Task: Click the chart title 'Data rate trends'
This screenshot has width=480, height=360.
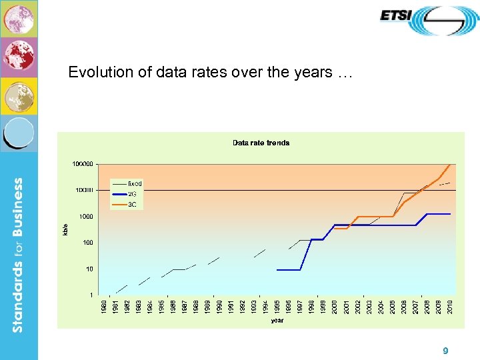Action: pyautogui.click(x=261, y=143)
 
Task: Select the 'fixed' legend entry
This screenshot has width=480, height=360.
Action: pyautogui.click(x=134, y=183)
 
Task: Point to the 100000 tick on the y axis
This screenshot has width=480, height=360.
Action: pyautogui.click(x=83, y=163)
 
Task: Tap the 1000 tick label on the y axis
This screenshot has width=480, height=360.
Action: pyautogui.click(x=85, y=217)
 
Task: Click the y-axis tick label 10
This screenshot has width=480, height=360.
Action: pyautogui.click(x=89, y=269)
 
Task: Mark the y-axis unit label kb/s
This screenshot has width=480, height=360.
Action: pyautogui.click(x=65, y=229)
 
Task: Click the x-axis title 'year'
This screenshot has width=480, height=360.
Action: pyautogui.click(x=277, y=321)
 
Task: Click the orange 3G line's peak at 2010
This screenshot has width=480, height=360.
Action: pyautogui.click(x=451, y=164)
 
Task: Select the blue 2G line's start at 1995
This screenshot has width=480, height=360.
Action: pyautogui.click(x=277, y=269)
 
